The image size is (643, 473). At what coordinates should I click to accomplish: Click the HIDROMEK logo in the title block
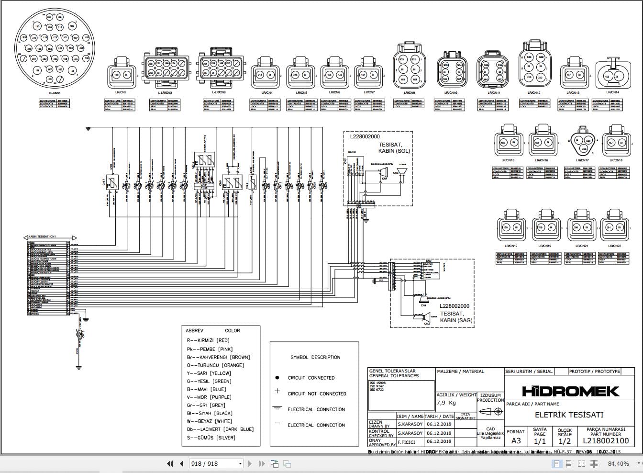[x=570, y=391]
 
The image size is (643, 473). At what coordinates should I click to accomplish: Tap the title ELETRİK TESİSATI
[x=569, y=415]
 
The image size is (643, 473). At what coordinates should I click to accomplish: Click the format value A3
[x=516, y=440]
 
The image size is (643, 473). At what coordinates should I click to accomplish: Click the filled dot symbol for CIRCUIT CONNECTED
[x=277, y=378]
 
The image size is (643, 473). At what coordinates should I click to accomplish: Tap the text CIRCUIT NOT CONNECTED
[x=317, y=394]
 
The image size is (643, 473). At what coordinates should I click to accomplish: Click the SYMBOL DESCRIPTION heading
[x=315, y=357]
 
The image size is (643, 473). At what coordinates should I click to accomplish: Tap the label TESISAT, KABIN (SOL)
[x=394, y=147]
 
